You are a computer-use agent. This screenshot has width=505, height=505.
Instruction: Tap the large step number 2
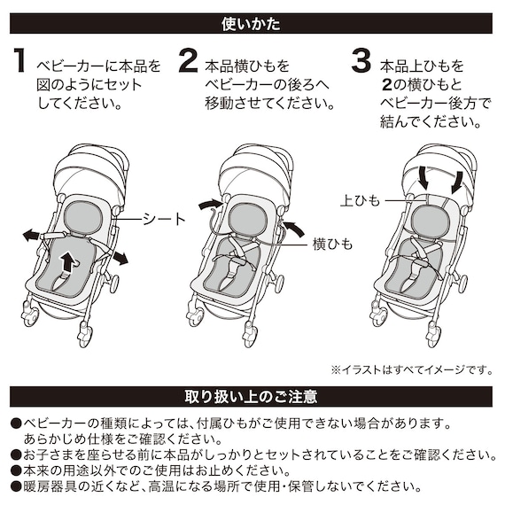[187, 61]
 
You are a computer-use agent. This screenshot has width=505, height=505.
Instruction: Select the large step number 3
[360, 61]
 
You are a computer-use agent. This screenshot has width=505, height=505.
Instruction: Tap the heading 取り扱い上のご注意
[252, 396]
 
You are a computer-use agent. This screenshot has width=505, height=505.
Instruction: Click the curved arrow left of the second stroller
[210, 205]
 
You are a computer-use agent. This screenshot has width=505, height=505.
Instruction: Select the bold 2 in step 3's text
[387, 86]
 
